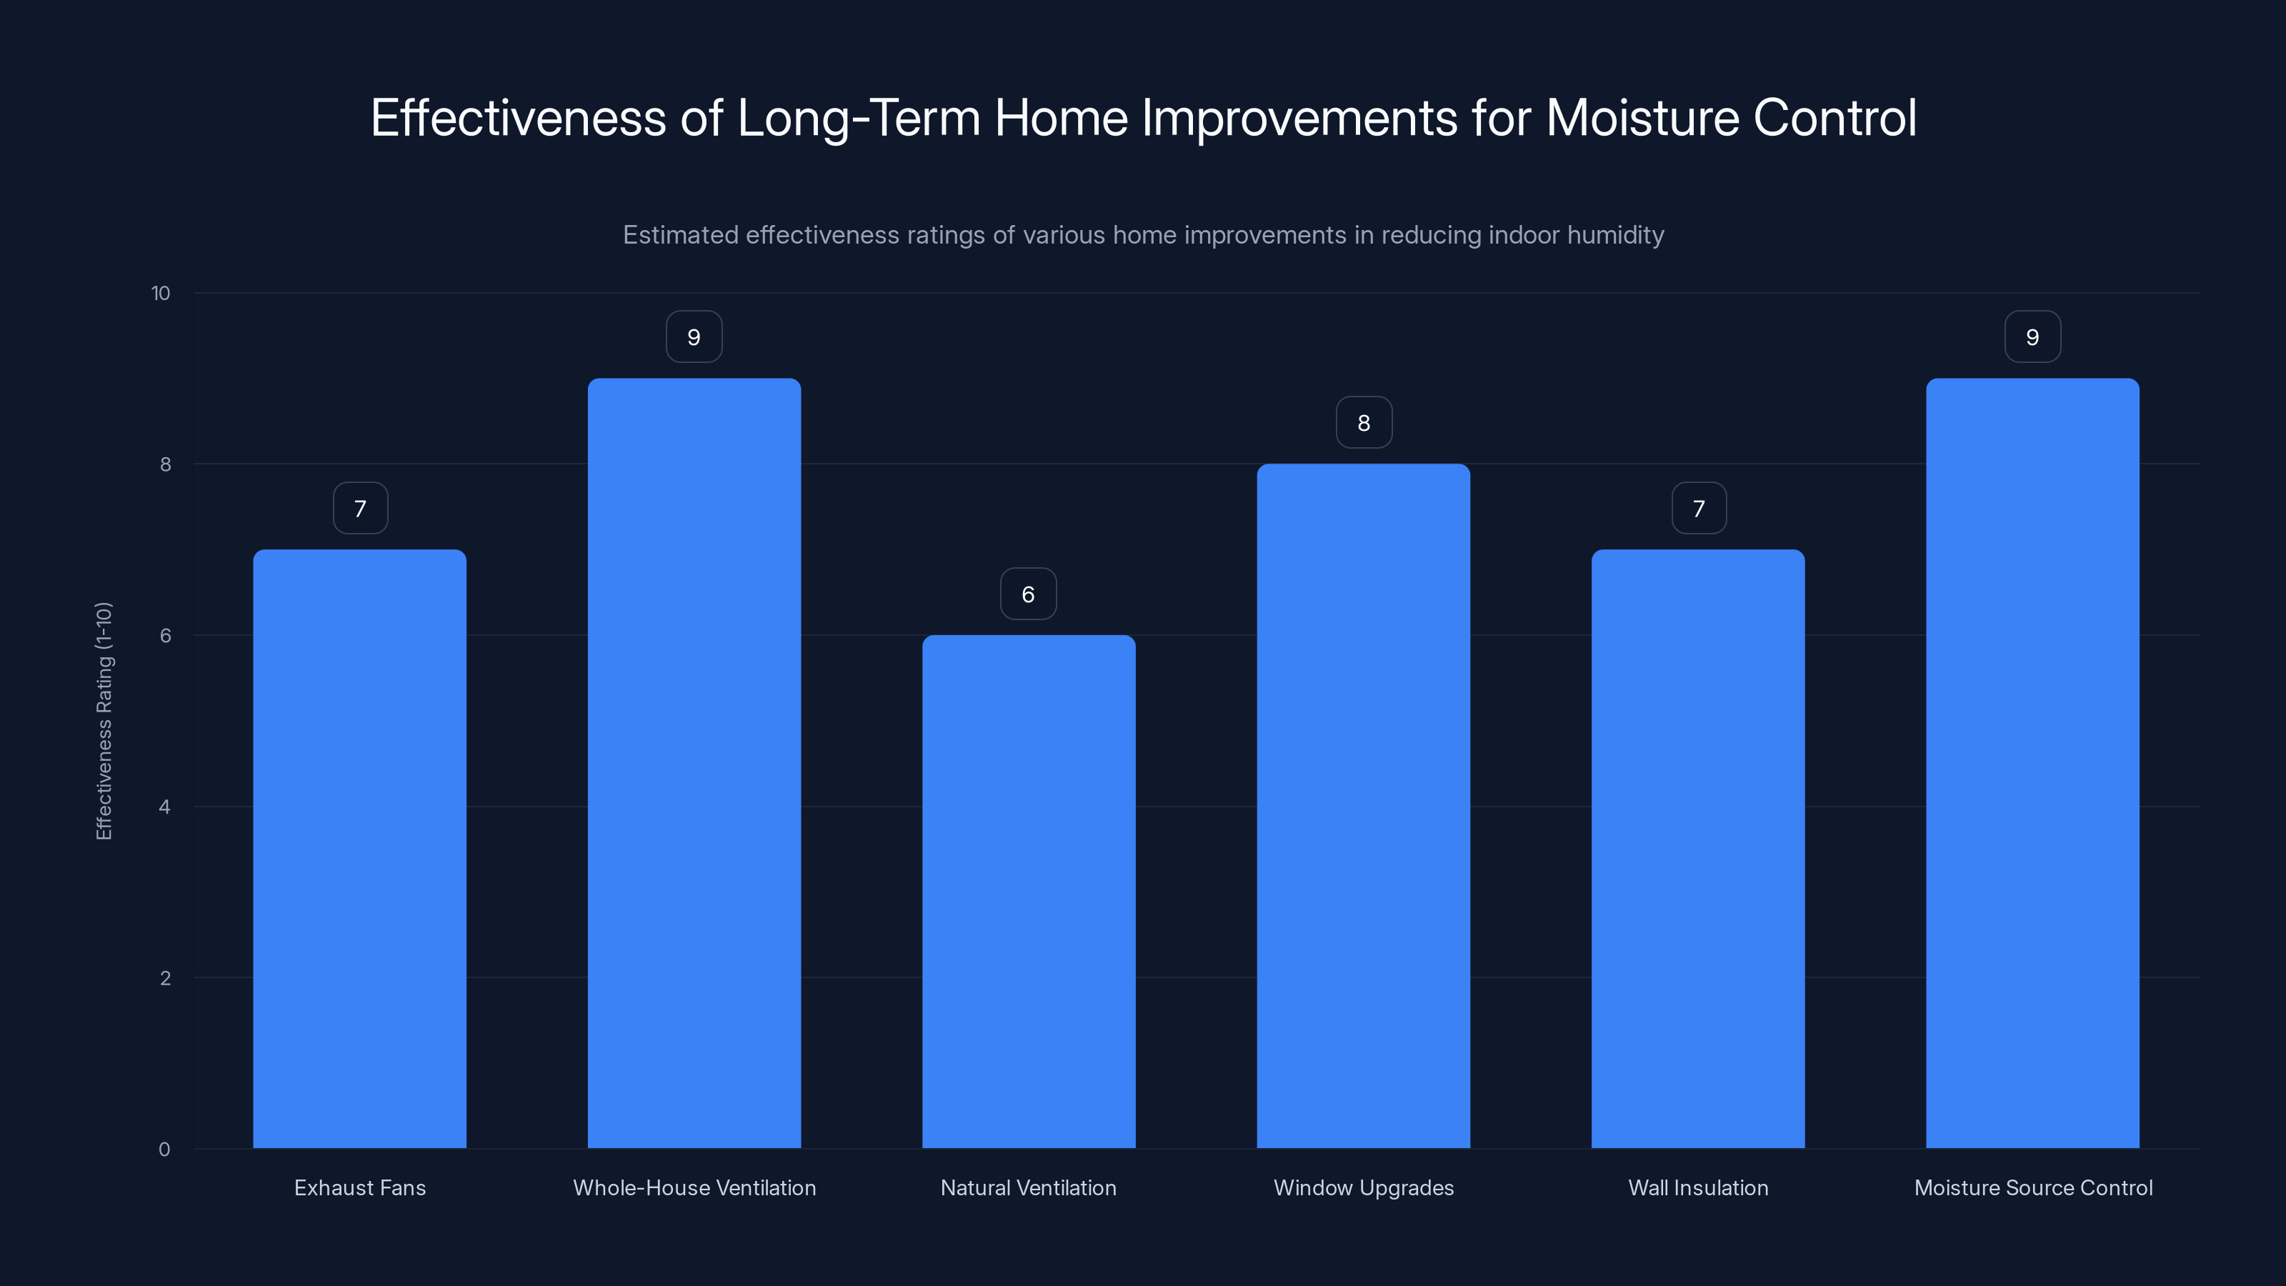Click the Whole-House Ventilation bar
[x=694, y=763]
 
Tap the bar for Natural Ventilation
[x=1029, y=892]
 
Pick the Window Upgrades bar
[x=1363, y=806]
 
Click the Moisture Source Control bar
[x=2032, y=763]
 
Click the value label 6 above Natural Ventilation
[x=1029, y=594]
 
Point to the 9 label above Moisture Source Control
[x=2032, y=337]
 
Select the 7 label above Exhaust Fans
[x=360, y=509]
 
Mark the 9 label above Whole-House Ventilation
[x=694, y=337]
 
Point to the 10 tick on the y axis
[x=161, y=293]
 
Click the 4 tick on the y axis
[x=164, y=807]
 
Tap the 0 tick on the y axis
[x=164, y=1150]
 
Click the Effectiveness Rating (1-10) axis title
[x=104, y=721]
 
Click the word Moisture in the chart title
[x=1642, y=118]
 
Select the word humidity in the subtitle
[x=1615, y=235]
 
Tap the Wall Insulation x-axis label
[x=1697, y=1187]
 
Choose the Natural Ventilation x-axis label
[x=1029, y=1187]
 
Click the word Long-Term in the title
[x=858, y=118]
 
